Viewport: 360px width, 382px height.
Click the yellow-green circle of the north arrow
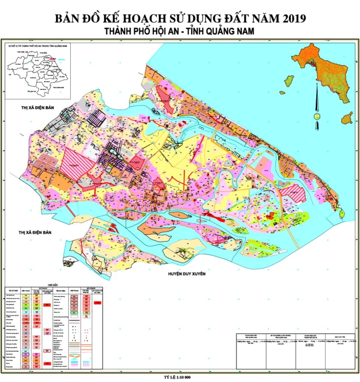pyautogui.click(x=317, y=116)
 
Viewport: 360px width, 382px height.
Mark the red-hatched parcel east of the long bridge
pyautogui.click(x=296, y=193)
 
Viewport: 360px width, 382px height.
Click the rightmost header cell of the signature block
pyautogui.click(x=341, y=336)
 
